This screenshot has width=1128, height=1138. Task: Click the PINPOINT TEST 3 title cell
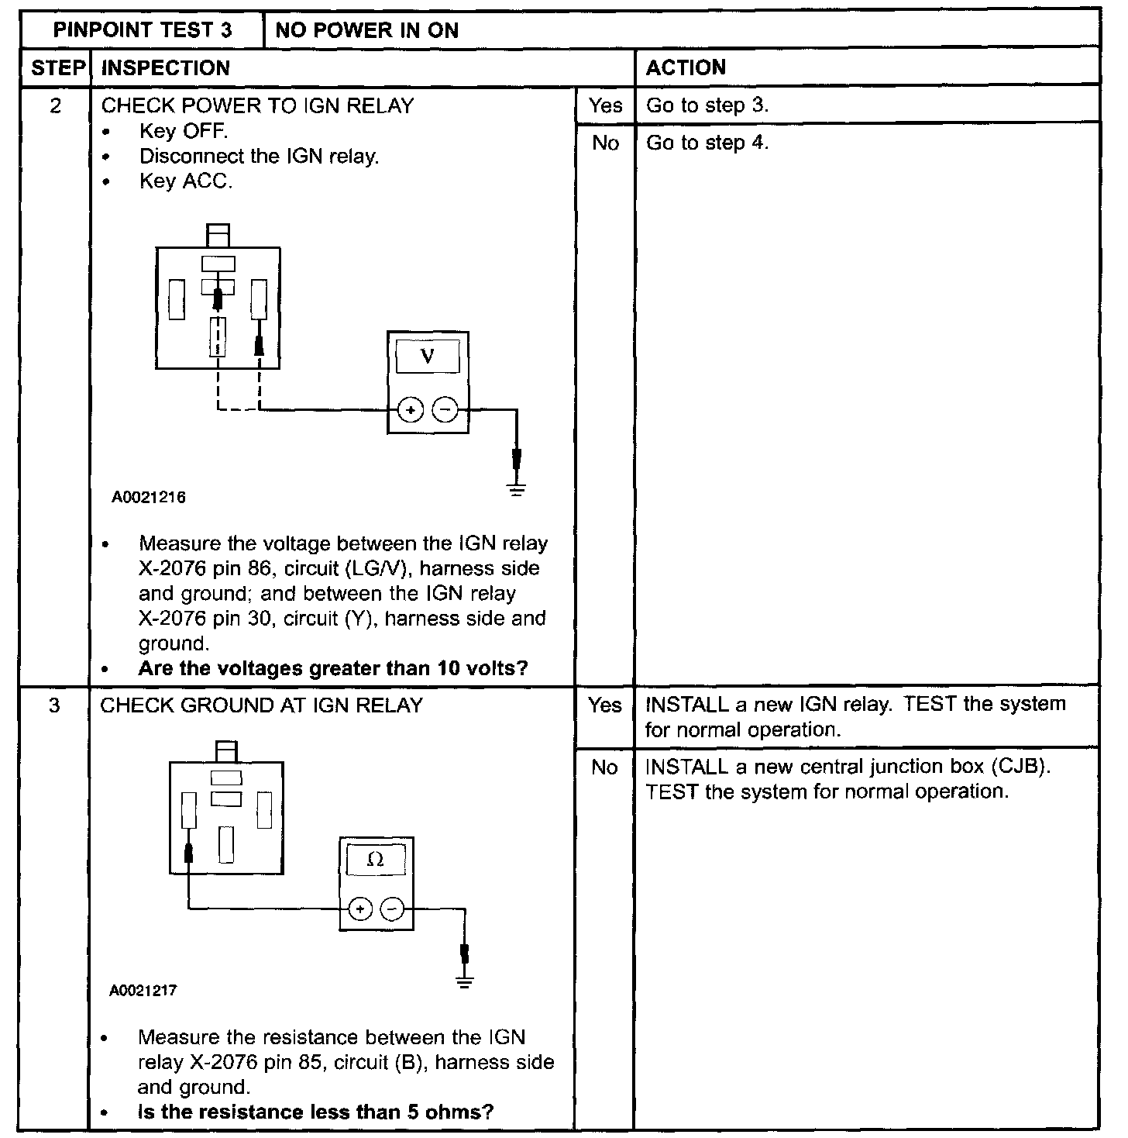point(142,30)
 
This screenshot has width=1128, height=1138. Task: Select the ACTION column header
point(686,67)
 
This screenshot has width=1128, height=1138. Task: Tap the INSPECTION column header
point(166,67)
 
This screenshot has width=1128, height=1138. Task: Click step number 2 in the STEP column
point(55,105)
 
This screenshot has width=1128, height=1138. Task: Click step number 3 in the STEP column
point(54,705)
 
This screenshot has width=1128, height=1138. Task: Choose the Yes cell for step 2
point(605,105)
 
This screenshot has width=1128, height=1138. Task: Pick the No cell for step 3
point(604,767)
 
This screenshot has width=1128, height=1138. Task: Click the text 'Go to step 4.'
point(707,143)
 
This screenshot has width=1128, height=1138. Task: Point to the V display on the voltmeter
point(427,357)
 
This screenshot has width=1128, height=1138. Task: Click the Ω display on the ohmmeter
point(376,860)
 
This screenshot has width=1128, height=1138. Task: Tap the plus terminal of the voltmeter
point(411,409)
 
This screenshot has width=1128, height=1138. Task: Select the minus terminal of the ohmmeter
point(394,909)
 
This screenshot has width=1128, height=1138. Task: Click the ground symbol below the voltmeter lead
point(517,489)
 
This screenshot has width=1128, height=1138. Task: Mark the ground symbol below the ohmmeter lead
point(465,984)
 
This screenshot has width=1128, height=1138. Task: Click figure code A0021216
point(149,497)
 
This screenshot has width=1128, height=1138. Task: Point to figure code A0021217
point(143,991)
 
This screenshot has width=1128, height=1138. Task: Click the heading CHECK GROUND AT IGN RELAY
point(262,705)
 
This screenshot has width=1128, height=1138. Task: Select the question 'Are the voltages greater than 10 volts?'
point(333,668)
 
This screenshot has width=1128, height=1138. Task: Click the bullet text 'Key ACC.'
point(186,181)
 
